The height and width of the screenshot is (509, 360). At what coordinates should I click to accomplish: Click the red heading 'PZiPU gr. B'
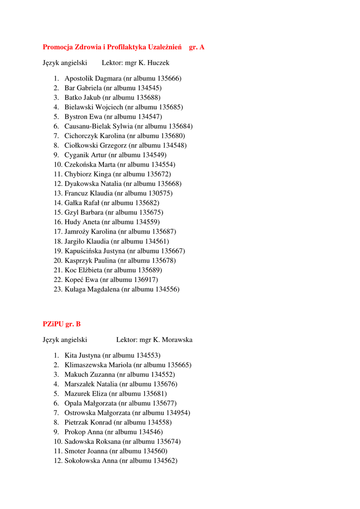(62, 324)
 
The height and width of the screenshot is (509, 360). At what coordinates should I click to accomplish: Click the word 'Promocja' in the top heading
(58, 47)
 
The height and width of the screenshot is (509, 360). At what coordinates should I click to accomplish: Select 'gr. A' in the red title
(197, 47)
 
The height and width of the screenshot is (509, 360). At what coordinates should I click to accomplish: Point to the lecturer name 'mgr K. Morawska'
(166, 340)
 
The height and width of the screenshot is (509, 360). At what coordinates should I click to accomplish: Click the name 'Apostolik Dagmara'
(93, 79)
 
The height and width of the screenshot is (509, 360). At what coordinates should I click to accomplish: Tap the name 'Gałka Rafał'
(82, 203)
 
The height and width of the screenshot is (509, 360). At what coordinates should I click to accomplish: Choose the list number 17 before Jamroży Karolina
(57, 232)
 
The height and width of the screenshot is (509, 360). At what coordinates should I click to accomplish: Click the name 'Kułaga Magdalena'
(92, 289)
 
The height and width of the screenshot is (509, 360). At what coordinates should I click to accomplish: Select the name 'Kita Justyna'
(83, 355)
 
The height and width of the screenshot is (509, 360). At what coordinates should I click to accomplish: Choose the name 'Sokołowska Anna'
(91, 461)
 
